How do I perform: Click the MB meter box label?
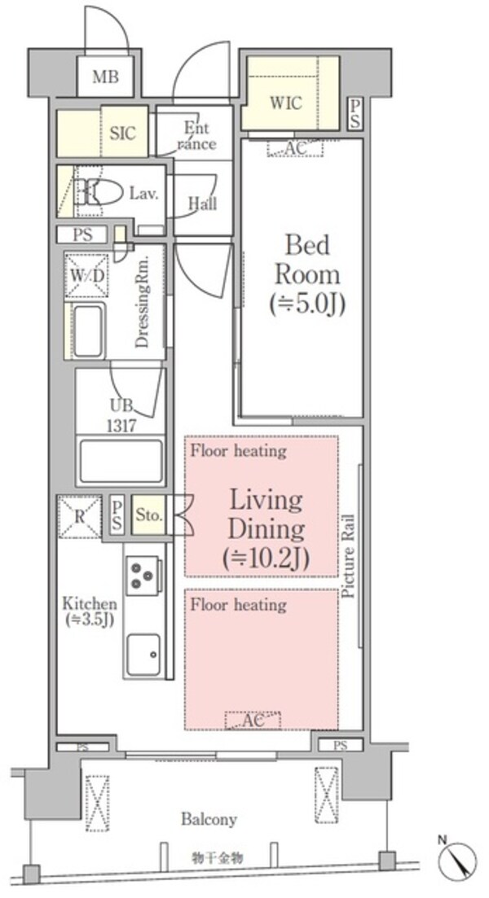tap(106, 77)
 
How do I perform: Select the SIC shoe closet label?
tap(123, 133)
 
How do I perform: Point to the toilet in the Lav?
tap(99, 192)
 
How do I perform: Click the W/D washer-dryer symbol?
tap(88, 275)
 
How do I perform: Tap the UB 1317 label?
tap(121, 416)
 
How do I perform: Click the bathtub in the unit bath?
tap(121, 461)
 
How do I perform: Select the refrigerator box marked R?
tap(80, 516)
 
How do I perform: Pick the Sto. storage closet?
tap(148, 515)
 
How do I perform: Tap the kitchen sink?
tap(143, 654)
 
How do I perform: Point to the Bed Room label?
tap(307, 275)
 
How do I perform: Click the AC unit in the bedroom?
tap(295, 147)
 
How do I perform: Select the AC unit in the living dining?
tap(252, 721)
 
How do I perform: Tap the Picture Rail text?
tap(348, 557)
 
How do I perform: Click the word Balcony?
tap(209, 819)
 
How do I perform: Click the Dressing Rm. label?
tap(142, 301)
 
